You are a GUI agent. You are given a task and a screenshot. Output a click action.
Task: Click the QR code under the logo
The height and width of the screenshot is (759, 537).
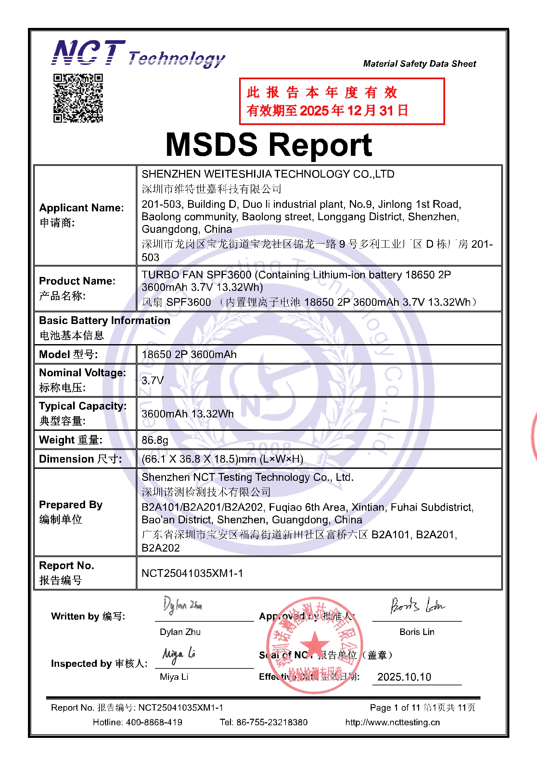pos(78,98)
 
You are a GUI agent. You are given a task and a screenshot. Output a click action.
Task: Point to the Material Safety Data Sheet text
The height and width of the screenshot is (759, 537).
pos(419,64)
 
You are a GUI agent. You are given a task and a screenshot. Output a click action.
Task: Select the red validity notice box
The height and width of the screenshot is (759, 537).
pos(341,102)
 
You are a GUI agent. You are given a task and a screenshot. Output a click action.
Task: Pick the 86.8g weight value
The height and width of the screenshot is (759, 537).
pos(155,440)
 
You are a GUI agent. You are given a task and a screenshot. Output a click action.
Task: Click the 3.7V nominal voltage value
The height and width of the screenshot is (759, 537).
pos(153,380)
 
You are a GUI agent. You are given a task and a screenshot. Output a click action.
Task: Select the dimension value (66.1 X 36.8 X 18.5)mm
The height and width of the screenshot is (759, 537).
pos(222,459)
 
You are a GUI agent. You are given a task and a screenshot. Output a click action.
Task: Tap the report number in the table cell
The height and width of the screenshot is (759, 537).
pos(192,573)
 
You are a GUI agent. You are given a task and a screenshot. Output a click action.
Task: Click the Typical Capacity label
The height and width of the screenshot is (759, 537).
pos(83,406)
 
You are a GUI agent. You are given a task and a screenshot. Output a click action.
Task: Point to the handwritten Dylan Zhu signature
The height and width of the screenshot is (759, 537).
pos(182,605)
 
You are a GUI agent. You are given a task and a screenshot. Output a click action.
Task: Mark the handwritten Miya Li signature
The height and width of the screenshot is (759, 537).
pos(179,654)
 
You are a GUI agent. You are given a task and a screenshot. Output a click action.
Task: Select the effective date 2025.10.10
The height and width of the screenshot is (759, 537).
pos(404,677)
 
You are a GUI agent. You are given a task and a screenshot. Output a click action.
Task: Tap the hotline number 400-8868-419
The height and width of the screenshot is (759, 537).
pos(154,722)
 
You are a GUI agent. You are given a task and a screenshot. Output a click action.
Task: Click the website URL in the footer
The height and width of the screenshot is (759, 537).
pos(392,722)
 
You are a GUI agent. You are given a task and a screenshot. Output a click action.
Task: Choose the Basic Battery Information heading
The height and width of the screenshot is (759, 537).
pos(105,321)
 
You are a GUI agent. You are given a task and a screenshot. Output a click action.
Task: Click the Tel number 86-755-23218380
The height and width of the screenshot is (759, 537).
pos(272,722)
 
